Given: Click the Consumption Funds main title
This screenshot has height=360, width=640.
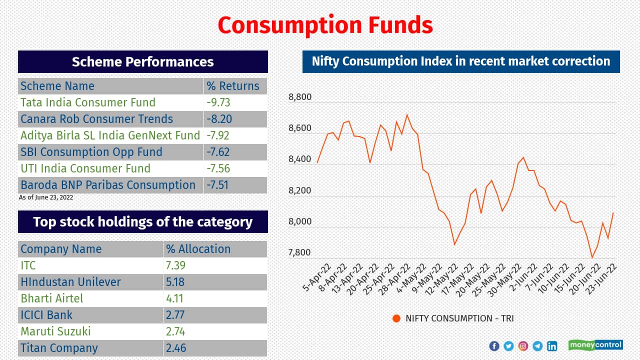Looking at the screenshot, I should (x=325, y=25).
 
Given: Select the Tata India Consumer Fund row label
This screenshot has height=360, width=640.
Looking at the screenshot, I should (x=88, y=102).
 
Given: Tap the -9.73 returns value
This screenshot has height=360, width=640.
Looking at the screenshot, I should (x=218, y=102).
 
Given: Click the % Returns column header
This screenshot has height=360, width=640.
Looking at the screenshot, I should (x=233, y=86).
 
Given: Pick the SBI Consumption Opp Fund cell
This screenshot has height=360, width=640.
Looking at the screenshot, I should (x=91, y=152).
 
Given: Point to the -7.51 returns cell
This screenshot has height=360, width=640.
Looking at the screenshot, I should (x=217, y=185).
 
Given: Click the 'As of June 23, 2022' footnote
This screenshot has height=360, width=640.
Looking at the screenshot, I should (x=46, y=197).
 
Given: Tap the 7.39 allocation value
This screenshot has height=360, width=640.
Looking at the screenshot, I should (x=175, y=265).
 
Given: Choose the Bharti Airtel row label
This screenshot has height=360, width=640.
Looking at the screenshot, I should (x=52, y=298).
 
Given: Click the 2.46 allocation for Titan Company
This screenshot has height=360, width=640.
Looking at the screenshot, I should (x=175, y=348).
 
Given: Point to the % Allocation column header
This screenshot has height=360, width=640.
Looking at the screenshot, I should (x=198, y=249).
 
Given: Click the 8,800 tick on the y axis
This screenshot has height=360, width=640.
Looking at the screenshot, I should (x=300, y=97).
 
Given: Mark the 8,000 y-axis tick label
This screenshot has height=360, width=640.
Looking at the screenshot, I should (x=300, y=221).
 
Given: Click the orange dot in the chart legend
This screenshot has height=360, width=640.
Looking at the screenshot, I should (x=396, y=318).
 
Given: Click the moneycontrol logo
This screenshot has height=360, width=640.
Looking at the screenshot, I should (x=595, y=345).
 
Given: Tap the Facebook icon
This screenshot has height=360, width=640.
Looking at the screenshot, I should (x=494, y=346).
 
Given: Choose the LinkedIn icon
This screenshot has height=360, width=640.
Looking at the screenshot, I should (x=552, y=346).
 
